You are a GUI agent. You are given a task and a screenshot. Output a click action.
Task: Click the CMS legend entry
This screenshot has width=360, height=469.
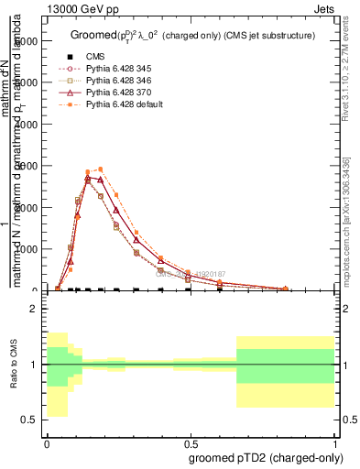[95, 57]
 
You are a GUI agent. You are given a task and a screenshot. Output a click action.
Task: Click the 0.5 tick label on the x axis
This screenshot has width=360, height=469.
[190, 442]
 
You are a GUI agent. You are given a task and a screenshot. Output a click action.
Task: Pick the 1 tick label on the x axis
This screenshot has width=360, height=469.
[333, 442]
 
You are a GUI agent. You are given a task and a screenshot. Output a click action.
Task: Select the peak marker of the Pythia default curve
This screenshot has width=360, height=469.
[101, 169]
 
